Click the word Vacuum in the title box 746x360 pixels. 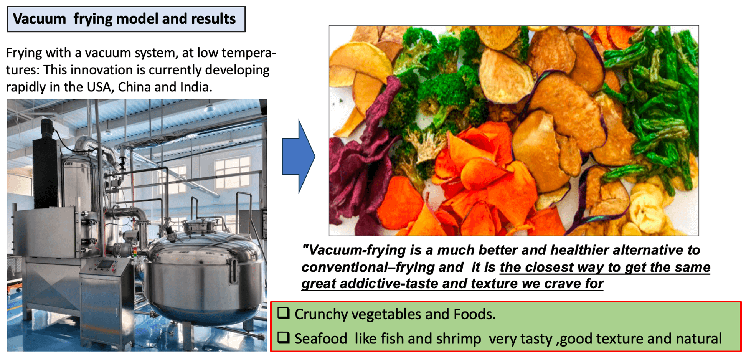click(x=39, y=19)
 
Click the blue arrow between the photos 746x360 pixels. click(x=299, y=156)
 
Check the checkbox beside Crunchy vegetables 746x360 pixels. click(x=284, y=313)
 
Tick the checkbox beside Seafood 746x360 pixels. click(x=284, y=338)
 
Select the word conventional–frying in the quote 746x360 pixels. click(x=383, y=268)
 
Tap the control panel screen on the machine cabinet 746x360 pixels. click(x=105, y=264)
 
